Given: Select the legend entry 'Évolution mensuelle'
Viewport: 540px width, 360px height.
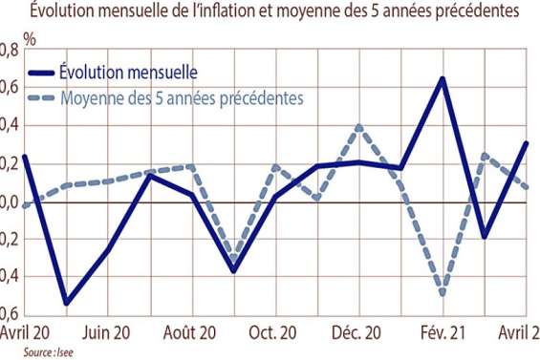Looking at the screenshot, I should [127, 73].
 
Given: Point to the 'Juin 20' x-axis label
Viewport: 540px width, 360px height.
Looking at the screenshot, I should [107, 334].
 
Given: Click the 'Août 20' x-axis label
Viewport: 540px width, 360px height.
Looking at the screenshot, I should [192, 334].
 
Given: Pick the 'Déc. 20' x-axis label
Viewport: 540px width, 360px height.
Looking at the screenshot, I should [358, 334].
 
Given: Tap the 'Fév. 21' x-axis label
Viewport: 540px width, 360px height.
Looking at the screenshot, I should [443, 334].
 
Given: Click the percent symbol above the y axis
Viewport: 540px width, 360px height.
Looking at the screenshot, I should [30, 41].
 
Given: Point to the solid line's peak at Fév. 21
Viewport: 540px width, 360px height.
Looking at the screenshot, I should [443, 78].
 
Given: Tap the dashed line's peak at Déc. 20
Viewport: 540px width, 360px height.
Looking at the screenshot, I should [358, 126].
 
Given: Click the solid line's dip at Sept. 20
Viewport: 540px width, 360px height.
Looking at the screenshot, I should [232, 271].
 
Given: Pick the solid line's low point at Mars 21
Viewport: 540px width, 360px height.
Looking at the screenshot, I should [485, 236].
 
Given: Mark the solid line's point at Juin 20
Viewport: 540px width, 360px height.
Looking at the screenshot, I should [107, 250].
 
